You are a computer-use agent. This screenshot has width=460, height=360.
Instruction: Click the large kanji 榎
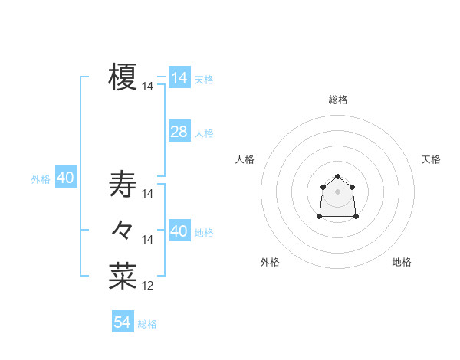tap(123, 77)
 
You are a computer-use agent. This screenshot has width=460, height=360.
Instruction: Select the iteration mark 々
tap(123, 229)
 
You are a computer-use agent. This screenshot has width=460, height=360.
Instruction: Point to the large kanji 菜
tap(123, 276)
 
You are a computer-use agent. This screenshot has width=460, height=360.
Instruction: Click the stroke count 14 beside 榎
tap(148, 87)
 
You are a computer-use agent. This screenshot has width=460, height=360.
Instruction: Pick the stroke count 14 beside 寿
tap(148, 194)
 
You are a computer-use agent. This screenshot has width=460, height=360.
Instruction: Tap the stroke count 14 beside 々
tap(148, 240)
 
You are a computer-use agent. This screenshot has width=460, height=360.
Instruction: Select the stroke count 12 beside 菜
tap(148, 286)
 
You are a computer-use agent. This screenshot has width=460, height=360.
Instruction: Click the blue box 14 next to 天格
tap(179, 78)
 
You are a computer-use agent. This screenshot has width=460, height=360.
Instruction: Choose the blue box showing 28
tap(179, 132)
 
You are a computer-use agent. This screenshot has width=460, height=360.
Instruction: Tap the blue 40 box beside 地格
tap(179, 231)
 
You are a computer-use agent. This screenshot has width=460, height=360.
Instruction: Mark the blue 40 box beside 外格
tap(65, 178)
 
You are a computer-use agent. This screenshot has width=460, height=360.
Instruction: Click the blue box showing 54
tap(123, 322)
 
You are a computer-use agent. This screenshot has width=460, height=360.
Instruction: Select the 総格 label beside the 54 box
tap(147, 324)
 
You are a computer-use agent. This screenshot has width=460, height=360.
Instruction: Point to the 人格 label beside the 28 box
tap(204, 133)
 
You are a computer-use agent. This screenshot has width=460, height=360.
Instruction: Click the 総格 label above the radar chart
tap(338, 100)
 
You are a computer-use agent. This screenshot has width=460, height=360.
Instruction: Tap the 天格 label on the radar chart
tap(431, 159)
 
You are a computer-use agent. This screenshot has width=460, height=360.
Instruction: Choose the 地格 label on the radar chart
tap(402, 262)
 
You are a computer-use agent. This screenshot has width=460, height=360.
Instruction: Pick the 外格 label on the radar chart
tap(270, 262)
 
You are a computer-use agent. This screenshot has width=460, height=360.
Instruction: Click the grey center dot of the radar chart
tap(337, 191)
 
